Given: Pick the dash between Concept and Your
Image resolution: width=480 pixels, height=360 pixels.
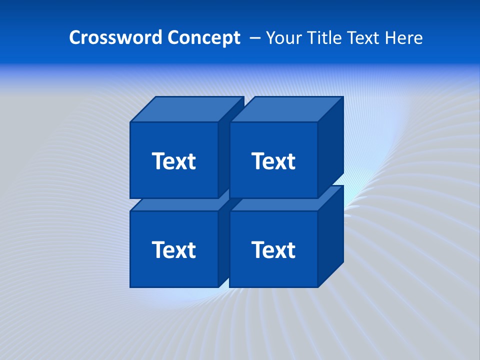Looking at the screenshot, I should pos(254,38).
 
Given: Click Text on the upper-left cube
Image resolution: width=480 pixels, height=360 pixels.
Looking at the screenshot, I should pos(173,161).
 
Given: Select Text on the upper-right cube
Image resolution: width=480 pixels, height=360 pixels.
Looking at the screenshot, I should pos(273,161).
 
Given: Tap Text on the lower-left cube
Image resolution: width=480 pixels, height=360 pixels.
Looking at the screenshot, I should pos(173,249).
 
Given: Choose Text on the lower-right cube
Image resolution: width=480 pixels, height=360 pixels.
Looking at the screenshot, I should pos(273,249).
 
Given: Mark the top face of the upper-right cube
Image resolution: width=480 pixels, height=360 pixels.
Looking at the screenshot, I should pos(286,109).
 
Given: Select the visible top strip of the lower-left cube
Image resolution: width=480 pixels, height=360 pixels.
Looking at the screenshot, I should pos(175,205).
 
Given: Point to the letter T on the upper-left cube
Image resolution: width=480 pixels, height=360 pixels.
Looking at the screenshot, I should pos(158,161).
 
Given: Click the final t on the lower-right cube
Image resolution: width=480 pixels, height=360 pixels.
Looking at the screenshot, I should pos(291,250).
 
